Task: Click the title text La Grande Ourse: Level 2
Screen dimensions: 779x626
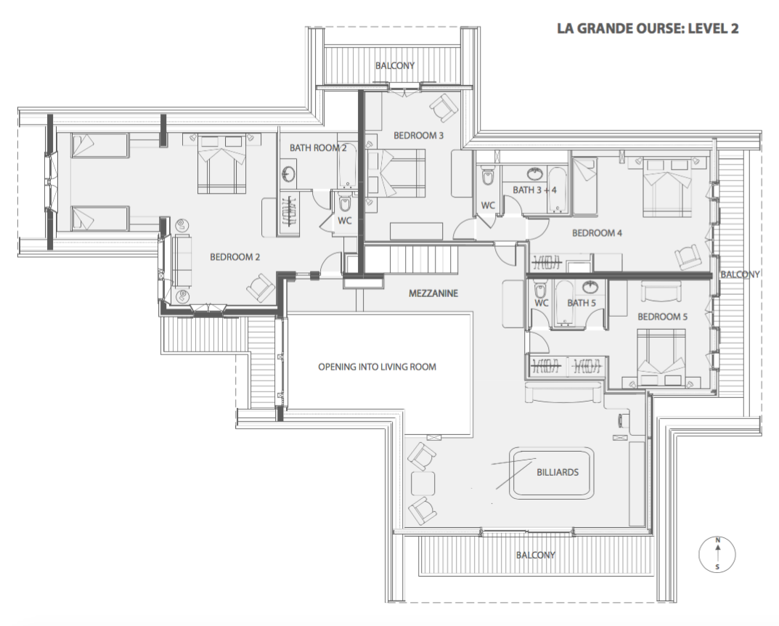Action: click(x=648, y=28)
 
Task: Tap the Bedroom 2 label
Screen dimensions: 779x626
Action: click(x=234, y=257)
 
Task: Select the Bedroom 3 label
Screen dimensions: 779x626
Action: click(x=418, y=135)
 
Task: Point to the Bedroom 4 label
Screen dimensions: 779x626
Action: click(x=597, y=232)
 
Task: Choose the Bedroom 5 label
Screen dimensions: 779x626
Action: click(x=662, y=317)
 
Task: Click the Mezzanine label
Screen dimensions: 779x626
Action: click(x=433, y=293)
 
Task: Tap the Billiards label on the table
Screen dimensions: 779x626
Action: click(x=558, y=472)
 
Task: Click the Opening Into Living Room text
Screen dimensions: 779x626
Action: click(x=377, y=367)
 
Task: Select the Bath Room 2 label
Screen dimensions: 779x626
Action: click(x=318, y=147)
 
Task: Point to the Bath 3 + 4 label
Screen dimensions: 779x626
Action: click(x=534, y=190)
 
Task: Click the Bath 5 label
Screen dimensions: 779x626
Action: click(x=582, y=303)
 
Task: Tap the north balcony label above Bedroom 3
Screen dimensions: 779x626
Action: click(x=395, y=65)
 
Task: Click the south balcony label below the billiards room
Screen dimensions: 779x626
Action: click(x=536, y=555)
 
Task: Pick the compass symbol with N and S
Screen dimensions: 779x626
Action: click(x=717, y=553)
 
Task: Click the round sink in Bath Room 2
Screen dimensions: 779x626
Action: click(x=288, y=174)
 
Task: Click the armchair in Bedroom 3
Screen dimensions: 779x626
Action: click(x=443, y=107)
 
